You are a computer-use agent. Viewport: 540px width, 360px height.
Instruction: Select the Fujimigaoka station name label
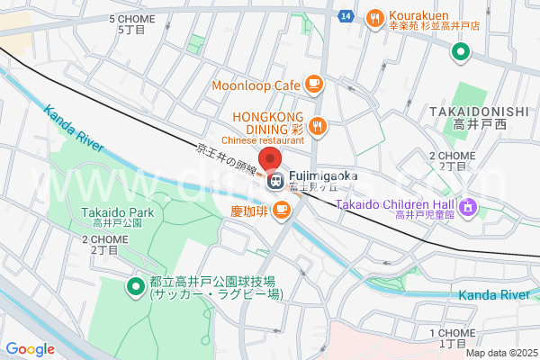tap(322, 177)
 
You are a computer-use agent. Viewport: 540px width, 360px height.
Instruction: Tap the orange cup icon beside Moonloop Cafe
tap(313, 85)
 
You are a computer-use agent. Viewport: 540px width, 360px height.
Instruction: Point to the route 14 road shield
tap(346, 15)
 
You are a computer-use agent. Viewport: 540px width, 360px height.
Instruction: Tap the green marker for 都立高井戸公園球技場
tap(135, 287)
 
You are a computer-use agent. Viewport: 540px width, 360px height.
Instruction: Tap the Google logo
tap(30, 349)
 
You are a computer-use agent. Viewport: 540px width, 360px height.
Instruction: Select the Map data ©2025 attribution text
tap(500, 353)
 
